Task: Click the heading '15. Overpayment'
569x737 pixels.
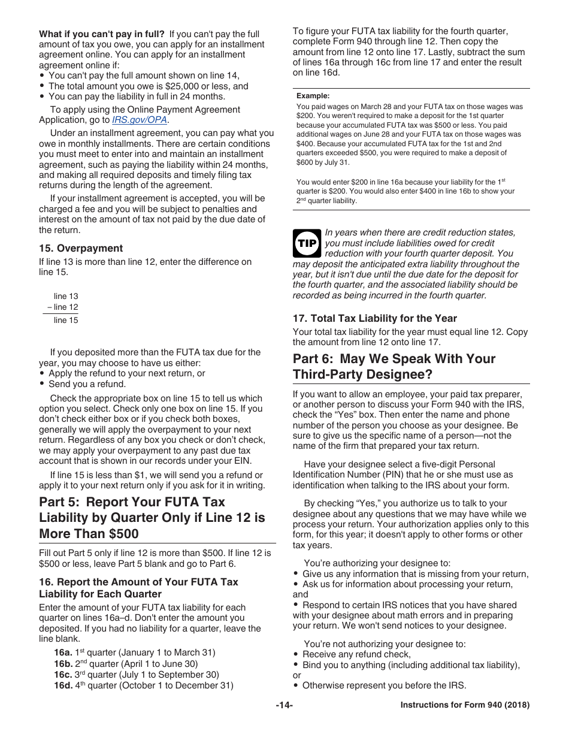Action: click(x=81, y=248)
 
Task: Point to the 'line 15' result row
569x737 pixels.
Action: click(x=65, y=320)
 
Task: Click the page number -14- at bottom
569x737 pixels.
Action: click(x=284, y=705)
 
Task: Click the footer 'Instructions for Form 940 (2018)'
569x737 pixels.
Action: click(x=465, y=705)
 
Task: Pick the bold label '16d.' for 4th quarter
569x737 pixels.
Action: click(x=63, y=686)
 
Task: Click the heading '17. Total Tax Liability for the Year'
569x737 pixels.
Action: click(x=374, y=318)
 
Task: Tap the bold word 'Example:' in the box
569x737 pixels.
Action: click(x=313, y=95)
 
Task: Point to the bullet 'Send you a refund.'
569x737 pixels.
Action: click(x=87, y=384)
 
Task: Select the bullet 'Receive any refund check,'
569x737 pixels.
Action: click(x=356, y=654)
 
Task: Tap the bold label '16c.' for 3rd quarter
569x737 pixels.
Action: click(x=63, y=675)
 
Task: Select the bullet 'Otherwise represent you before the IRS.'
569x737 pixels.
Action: click(x=384, y=685)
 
